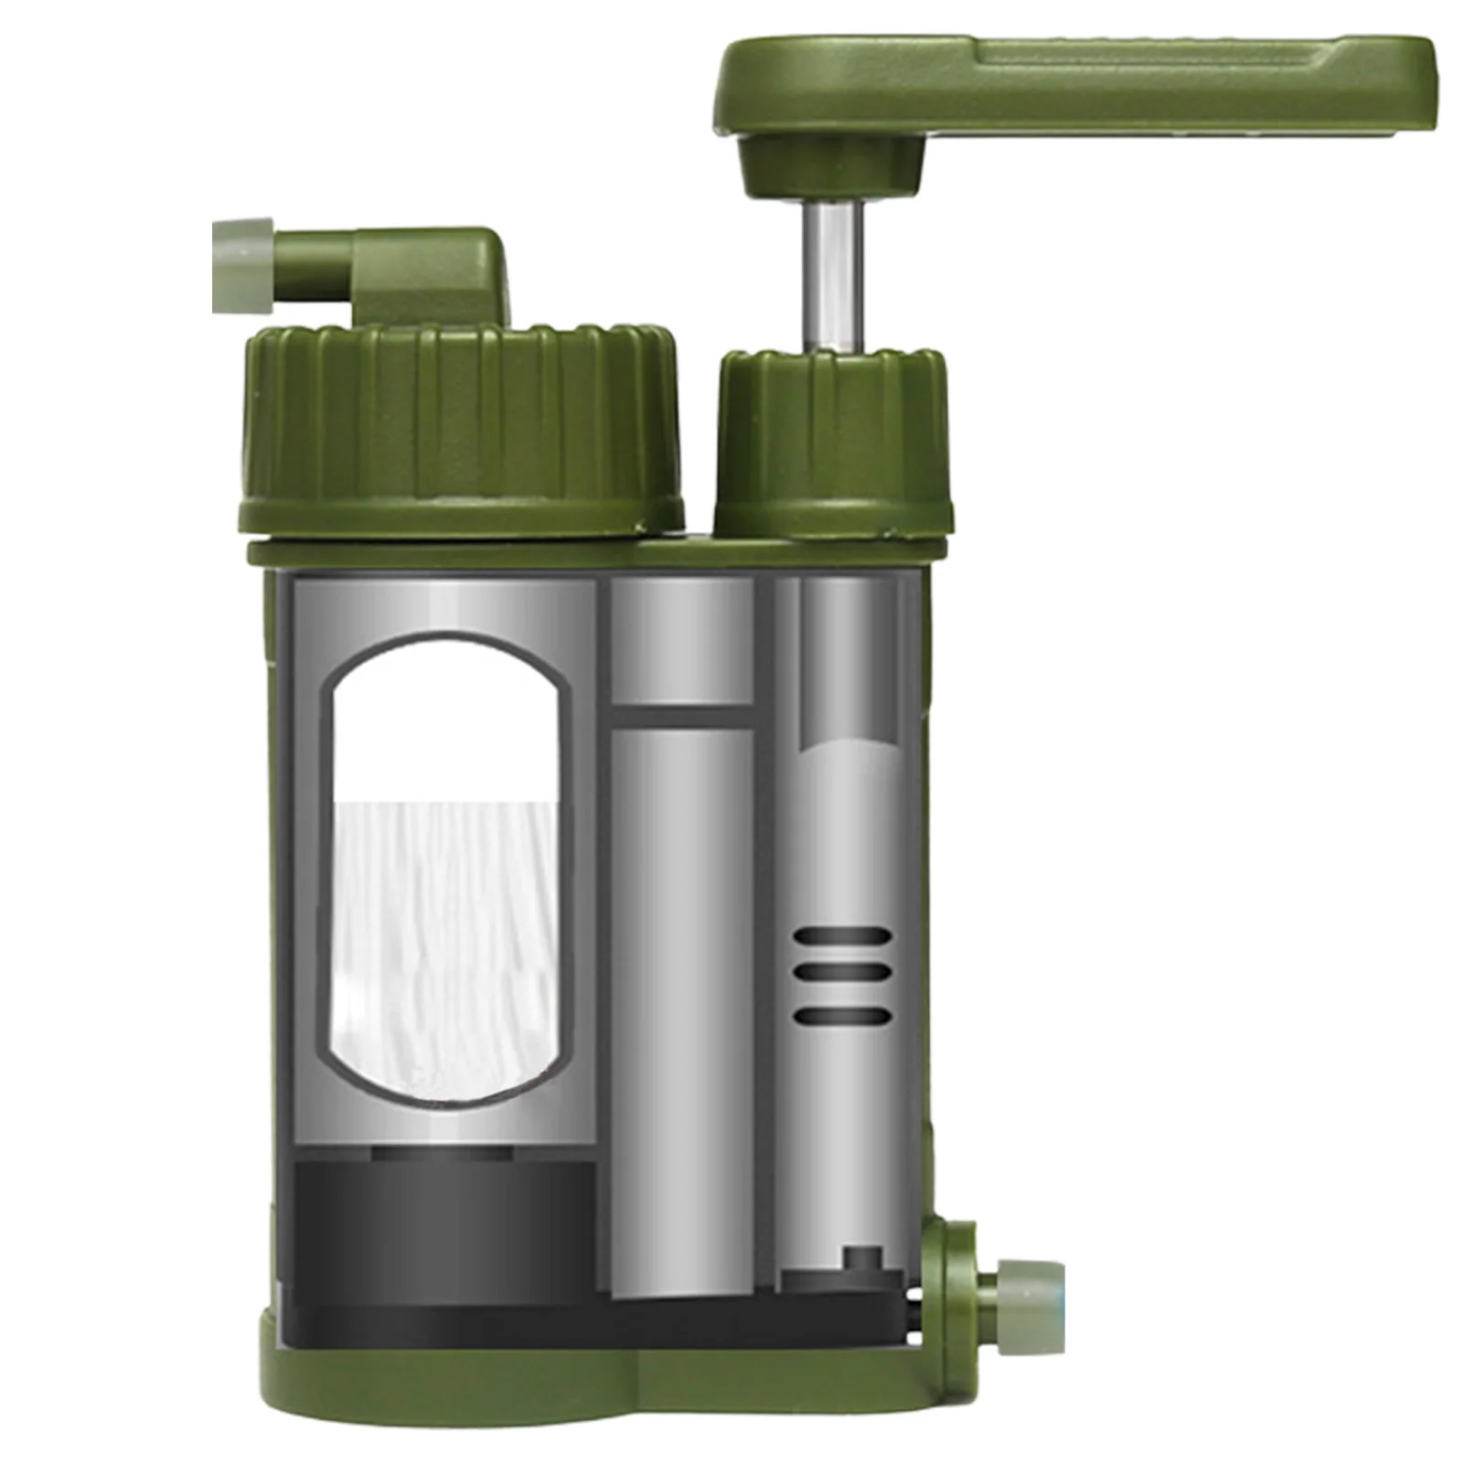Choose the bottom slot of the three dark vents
pyautogui.click(x=842, y=1015)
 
